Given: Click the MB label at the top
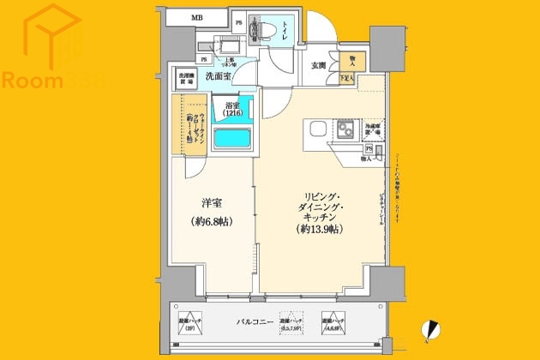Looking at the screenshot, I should [196, 18].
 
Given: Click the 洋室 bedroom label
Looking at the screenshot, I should [212, 204].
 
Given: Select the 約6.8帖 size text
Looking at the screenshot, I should [212, 222].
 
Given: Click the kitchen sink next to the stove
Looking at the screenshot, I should [313, 131].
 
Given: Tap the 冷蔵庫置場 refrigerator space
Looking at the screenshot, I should [373, 130].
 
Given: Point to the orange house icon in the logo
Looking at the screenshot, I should [53, 36].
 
